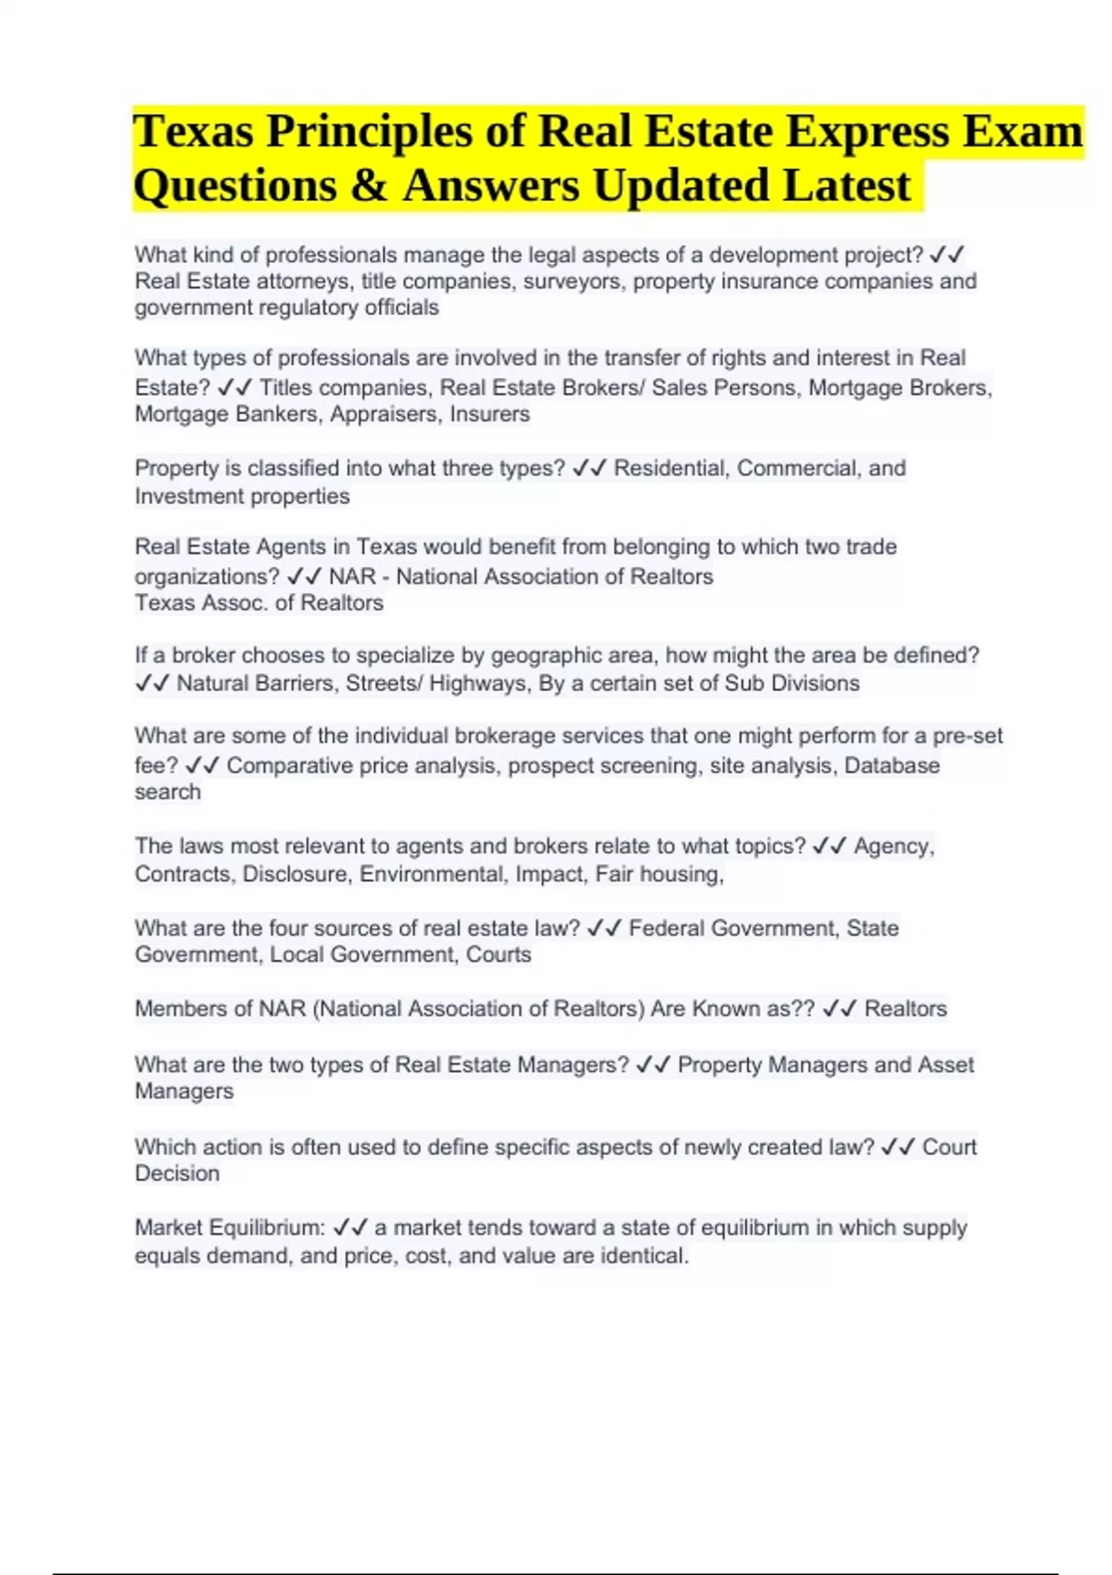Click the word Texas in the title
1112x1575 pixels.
pos(193,132)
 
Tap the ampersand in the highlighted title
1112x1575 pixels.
pos(369,185)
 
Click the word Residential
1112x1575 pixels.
pos(672,469)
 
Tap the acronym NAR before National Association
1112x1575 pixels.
pos(352,577)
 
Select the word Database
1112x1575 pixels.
pos(891,766)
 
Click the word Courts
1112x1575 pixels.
pos(499,955)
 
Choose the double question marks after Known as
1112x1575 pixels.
pos(802,1009)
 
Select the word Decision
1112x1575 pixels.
pos(177,1174)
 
